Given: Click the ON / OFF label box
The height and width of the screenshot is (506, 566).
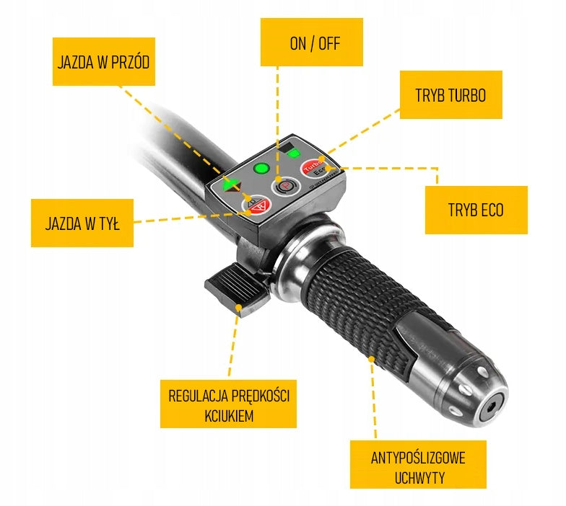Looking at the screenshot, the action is tap(312, 42).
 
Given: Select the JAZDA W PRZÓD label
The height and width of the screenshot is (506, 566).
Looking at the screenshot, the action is tap(104, 62).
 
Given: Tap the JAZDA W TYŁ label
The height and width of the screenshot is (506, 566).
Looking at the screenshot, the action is tap(82, 223).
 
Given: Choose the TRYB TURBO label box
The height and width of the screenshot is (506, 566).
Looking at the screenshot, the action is tap(450, 95).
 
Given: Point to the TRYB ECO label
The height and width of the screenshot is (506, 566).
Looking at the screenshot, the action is tap(476, 210).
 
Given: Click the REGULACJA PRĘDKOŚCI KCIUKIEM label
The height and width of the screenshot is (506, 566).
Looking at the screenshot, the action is tap(228, 404).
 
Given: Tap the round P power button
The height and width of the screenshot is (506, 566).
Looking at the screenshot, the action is tap(286, 187).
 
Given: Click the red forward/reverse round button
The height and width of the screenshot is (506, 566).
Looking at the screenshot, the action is tap(256, 205).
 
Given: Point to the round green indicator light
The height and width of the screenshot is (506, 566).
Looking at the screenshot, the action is tap(261, 169).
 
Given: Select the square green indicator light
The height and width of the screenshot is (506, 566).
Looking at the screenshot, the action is tap(293, 154).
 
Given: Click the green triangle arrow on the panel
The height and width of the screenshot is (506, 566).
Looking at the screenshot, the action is tap(230, 185).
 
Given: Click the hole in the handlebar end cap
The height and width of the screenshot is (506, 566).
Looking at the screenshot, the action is tap(491, 408).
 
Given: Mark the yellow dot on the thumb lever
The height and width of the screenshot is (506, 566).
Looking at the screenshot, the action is tap(238, 307).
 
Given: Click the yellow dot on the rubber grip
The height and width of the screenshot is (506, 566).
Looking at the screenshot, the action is tap(371, 359).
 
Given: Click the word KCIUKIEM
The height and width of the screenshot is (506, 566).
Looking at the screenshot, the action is tap(229, 416).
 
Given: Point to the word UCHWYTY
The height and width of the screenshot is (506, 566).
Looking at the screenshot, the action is tap(419, 478).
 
